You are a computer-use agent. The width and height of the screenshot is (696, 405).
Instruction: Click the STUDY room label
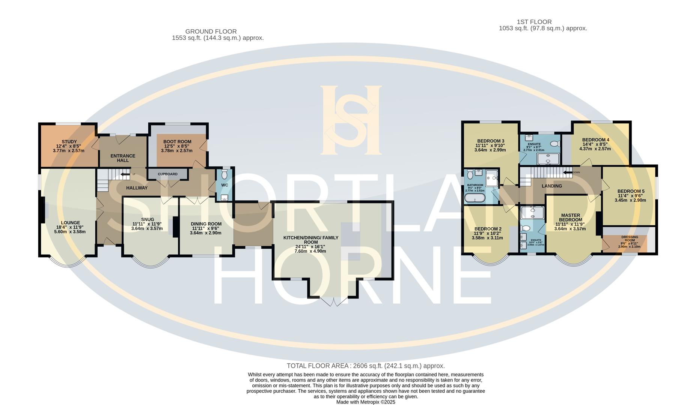(69, 142)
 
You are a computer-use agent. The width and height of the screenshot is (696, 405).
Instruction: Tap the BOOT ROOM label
(177, 142)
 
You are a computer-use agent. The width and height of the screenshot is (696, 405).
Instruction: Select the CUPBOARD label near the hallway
(167, 174)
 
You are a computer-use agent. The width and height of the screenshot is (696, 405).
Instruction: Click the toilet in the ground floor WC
(224, 175)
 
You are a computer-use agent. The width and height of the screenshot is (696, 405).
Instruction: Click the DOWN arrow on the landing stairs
(568, 172)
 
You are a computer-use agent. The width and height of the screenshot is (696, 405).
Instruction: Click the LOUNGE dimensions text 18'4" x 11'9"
(70, 227)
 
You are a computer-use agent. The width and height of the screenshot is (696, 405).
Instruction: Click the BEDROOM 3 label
(491, 141)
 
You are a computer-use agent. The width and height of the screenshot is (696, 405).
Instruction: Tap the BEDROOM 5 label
(631, 191)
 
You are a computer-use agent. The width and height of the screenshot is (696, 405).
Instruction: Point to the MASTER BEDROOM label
(571, 217)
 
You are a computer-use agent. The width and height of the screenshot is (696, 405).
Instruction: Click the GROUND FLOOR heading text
(211, 31)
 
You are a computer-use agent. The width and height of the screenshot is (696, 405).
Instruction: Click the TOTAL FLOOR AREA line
(366, 366)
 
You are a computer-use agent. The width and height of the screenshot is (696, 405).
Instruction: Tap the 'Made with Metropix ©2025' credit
(366, 402)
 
